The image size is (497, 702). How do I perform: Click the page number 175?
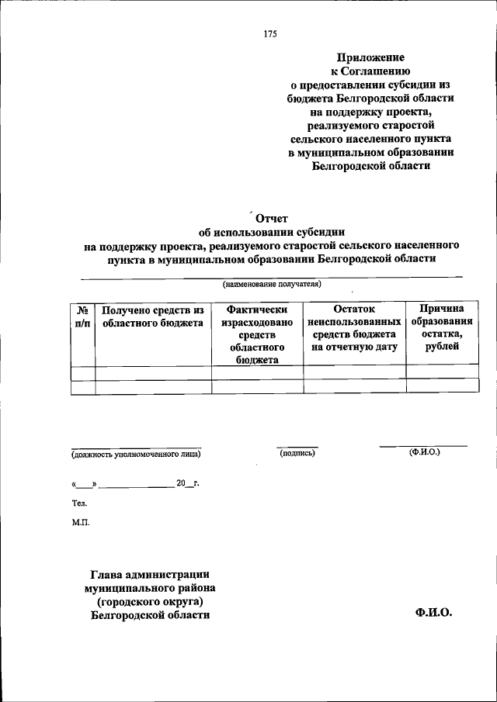(270, 33)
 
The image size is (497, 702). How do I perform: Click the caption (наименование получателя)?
(272, 284)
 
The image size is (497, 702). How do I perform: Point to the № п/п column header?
(82, 316)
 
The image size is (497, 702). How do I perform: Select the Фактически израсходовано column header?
(257, 334)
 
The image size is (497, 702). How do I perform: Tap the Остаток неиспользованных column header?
(354, 328)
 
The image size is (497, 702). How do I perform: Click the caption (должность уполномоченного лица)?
(137, 454)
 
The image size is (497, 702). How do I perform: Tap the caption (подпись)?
(297, 453)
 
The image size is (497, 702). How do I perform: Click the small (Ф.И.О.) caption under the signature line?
(424, 451)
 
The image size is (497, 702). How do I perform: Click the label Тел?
(78, 503)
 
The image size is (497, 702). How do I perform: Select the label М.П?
(80, 522)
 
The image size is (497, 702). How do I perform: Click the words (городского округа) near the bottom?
(150, 601)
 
